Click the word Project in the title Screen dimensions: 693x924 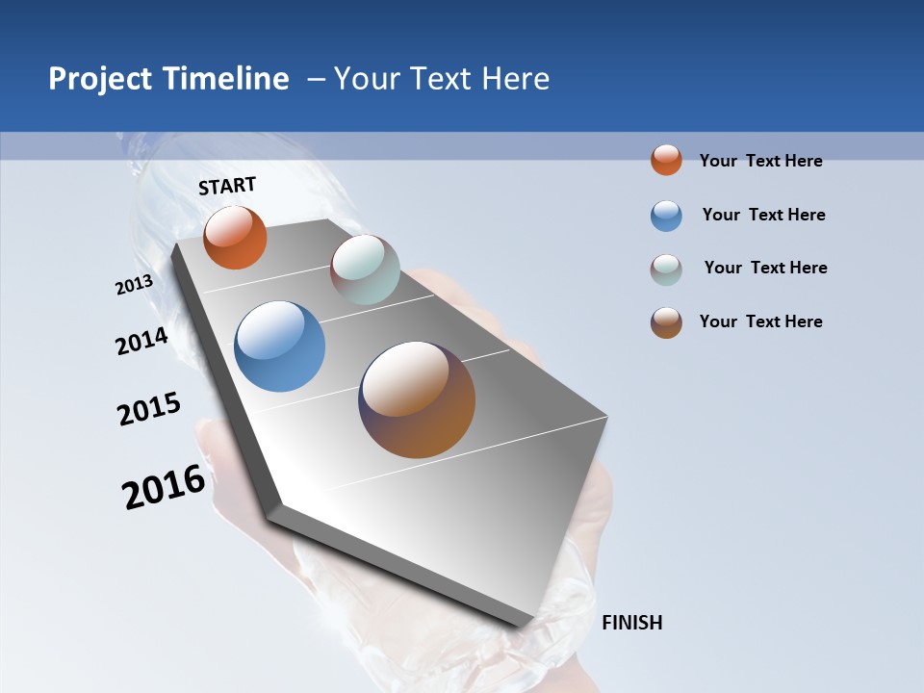click(99, 79)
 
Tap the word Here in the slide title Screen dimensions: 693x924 click(515, 79)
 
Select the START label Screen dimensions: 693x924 click(227, 186)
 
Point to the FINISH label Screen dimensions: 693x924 click(632, 623)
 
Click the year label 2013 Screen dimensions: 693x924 click(134, 285)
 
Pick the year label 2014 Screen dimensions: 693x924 click(141, 341)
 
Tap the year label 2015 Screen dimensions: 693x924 click(149, 409)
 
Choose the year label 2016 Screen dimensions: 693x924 click(164, 487)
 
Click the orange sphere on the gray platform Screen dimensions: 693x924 click(235, 237)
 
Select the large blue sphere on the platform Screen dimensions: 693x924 click(280, 346)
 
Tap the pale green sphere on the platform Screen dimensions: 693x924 click(365, 269)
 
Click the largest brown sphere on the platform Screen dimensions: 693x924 click(417, 399)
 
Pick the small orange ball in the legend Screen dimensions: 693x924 click(666, 160)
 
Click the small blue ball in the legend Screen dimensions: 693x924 click(666, 216)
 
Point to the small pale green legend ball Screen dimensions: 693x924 click(666, 269)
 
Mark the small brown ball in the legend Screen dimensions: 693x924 click(666, 322)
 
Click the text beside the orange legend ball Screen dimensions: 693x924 click(760, 161)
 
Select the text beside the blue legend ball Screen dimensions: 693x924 click(763, 215)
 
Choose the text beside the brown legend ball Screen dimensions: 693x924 click(760, 321)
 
